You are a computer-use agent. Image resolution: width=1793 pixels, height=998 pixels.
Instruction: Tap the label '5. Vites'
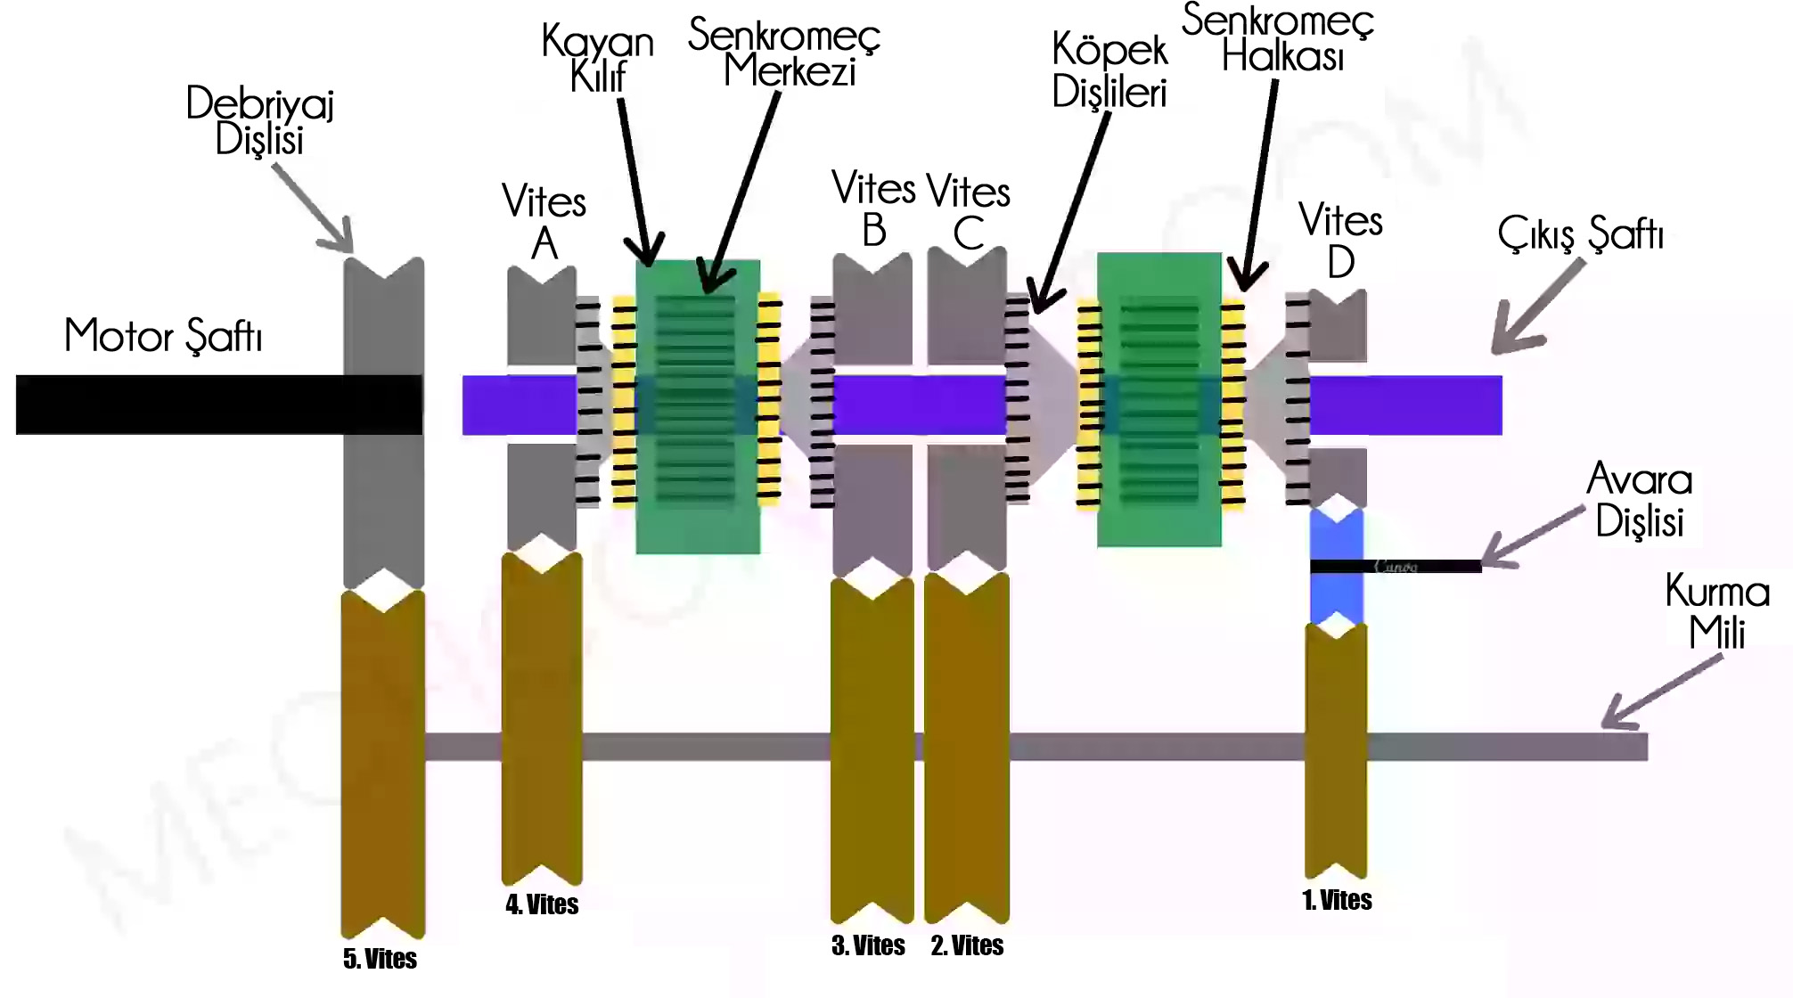(x=380, y=959)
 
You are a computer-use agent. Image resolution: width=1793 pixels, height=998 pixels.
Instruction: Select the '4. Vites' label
(x=542, y=904)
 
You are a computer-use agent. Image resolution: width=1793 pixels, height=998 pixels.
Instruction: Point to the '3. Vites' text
(x=868, y=945)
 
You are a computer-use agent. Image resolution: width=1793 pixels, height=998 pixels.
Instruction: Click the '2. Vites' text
(x=967, y=945)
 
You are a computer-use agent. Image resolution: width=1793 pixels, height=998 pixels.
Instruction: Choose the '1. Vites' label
(x=1337, y=900)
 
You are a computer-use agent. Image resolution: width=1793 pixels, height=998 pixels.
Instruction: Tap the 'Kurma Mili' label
(x=1716, y=612)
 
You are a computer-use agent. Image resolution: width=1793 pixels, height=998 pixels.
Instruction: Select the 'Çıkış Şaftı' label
(x=1580, y=234)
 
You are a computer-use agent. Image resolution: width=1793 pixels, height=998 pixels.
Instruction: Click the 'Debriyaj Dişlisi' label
(x=259, y=120)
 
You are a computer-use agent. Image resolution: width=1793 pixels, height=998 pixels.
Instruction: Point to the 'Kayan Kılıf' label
(x=597, y=59)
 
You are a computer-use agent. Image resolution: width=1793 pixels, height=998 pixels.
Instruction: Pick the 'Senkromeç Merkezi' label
(x=784, y=53)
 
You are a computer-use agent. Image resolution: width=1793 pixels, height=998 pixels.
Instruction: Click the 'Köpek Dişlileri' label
(x=1109, y=70)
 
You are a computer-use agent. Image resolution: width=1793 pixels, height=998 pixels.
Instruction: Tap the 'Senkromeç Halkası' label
(x=1279, y=38)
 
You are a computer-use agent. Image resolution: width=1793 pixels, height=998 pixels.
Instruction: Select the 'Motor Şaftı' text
(x=163, y=336)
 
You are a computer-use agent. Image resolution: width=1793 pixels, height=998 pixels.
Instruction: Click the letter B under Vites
(x=874, y=231)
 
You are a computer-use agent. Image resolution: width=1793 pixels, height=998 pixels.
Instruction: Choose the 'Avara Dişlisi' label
(x=1640, y=500)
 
